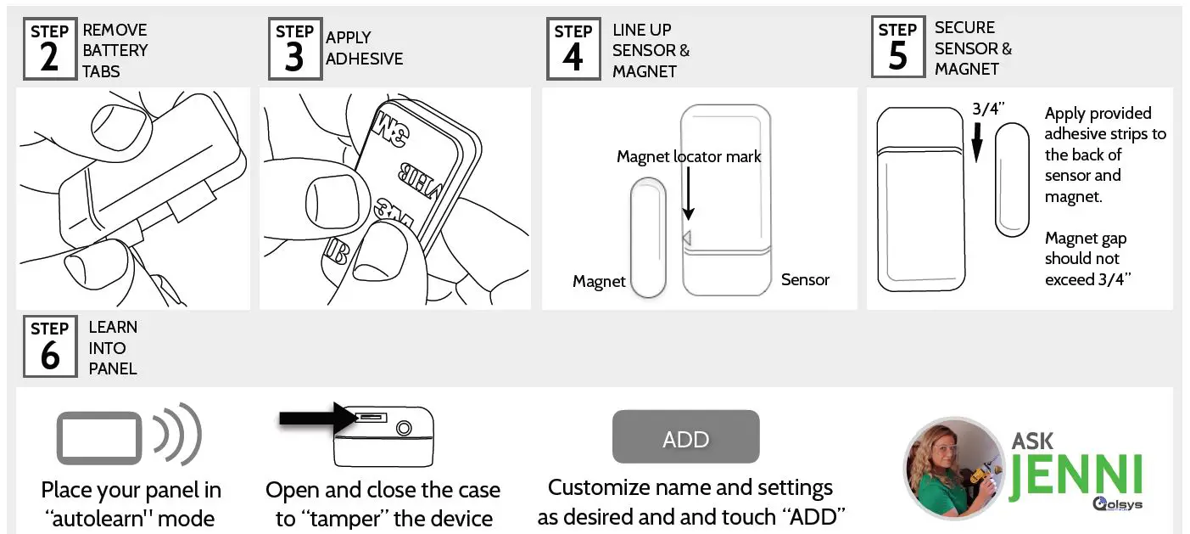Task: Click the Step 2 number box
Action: coord(50,49)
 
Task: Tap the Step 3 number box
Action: coord(294,49)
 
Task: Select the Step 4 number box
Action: coord(573,49)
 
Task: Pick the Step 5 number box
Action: coord(898,48)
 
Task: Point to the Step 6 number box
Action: coord(50,347)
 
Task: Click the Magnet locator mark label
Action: coord(689,157)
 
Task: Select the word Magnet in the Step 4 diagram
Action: coord(599,282)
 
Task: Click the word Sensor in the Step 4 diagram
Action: coord(805,279)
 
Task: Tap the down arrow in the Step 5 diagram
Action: coord(976,140)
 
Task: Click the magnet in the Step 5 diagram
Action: coord(1011,178)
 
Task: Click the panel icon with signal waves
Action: coord(128,438)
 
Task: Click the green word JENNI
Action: coord(1075,475)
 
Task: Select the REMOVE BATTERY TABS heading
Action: coord(115,50)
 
